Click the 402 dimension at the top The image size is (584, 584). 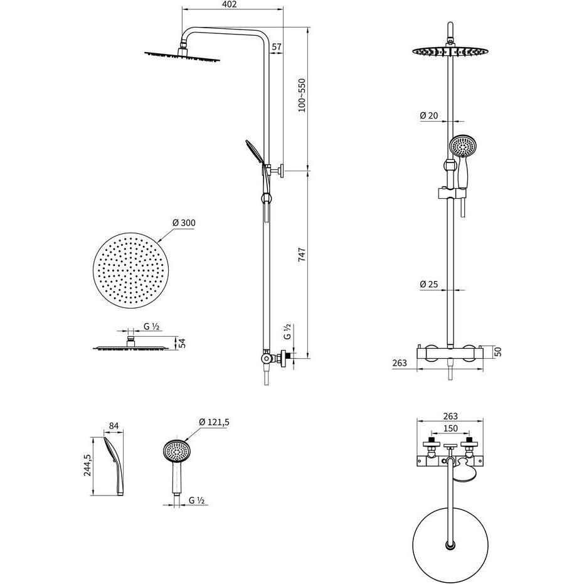tap(230, 5)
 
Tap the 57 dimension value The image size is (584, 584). tap(277, 47)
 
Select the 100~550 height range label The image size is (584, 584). tap(302, 95)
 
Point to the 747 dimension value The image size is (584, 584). tap(302, 257)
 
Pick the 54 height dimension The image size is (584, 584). tap(183, 343)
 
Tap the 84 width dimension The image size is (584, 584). tap(114, 427)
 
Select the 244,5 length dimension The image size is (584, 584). tap(88, 465)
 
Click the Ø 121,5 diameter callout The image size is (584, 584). tap(215, 422)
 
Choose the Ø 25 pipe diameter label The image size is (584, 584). tap(428, 284)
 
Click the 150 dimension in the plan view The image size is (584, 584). tap(450, 428)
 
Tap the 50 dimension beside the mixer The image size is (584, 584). tap(498, 351)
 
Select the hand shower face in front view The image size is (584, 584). tap(461, 146)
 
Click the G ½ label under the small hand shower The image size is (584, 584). tap(198, 500)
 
